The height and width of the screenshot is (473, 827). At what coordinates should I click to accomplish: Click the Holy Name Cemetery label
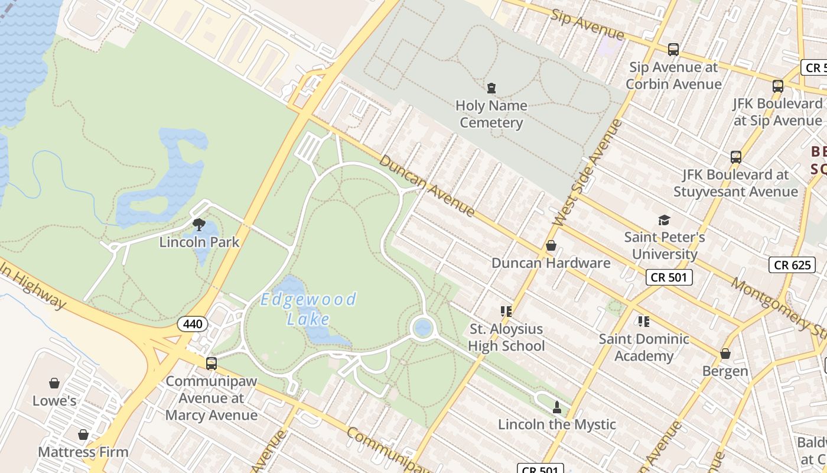point(491,114)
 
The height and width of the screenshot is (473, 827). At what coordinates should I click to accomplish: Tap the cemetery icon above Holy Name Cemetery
point(491,89)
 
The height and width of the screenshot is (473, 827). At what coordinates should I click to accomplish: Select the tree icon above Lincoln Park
point(199,225)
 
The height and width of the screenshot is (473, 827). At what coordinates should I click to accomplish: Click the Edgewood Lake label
point(308,309)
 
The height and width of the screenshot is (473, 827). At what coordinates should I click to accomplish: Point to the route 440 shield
point(193,323)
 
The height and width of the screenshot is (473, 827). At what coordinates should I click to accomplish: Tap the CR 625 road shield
point(793,264)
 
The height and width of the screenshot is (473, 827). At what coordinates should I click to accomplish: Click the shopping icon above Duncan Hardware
point(551,245)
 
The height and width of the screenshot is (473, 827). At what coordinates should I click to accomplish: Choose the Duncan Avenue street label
point(426,186)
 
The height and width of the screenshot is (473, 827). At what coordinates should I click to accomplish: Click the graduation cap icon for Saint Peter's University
point(665,221)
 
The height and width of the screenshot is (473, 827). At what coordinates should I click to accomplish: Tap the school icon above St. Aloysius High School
point(506,311)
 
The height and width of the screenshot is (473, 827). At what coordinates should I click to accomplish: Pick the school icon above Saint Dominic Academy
point(643,322)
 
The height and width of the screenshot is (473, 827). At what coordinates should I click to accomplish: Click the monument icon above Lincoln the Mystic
point(556,407)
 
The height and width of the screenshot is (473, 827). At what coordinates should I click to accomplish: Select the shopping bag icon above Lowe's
point(54,383)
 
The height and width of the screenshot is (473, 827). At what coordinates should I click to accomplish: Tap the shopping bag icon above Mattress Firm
point(83,435)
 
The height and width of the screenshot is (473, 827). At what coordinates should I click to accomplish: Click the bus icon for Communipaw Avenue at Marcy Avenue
point(211,363)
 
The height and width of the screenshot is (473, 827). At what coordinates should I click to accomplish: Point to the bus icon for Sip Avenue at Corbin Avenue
point(673,50)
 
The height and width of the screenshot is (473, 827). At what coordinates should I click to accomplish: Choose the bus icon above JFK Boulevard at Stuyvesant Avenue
point(735,157)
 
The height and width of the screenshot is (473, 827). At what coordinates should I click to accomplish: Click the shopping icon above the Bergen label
point(725,354)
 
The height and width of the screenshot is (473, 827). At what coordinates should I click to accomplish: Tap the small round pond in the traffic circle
point(423,327)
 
